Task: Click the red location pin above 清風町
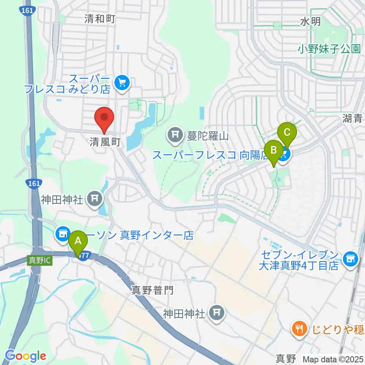pos(104,117)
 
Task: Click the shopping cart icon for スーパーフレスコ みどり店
pos(122,83)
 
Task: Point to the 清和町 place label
pos(100,19)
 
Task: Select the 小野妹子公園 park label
pos(329,49)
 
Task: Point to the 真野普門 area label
pos(152,291)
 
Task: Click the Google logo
pos(25,356)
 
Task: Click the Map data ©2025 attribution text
pos(333,359)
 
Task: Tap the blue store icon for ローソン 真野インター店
pos(62,234)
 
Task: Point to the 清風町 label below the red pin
pos(105,142)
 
